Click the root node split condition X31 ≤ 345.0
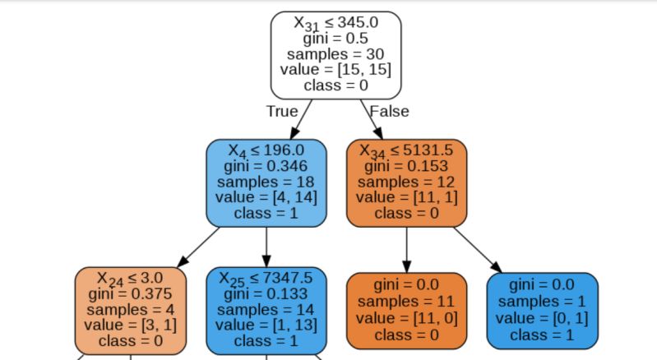click(x=335, y=24)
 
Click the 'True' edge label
click(x=281, y=111)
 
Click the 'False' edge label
click(x=389, y=111)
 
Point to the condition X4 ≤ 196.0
click(x=266, y=151)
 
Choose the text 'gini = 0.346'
click(x=266, y=167)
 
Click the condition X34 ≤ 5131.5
click(x=407, y=151)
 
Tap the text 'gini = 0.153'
click(x=407, y=167)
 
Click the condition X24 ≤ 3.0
click(x=131, y=278)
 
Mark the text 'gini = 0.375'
click(x=131, y=293)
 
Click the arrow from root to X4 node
click(x=301, y=119)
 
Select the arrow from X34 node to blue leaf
click(x=477, y=247)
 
